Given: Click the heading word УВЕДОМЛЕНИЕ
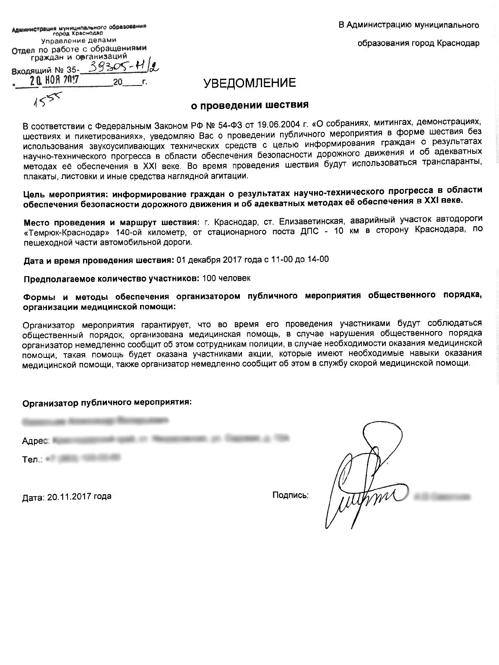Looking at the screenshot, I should pos(249,83).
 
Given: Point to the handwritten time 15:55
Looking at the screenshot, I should pos(48,100).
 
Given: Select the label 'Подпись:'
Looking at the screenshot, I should pos(290,496).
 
